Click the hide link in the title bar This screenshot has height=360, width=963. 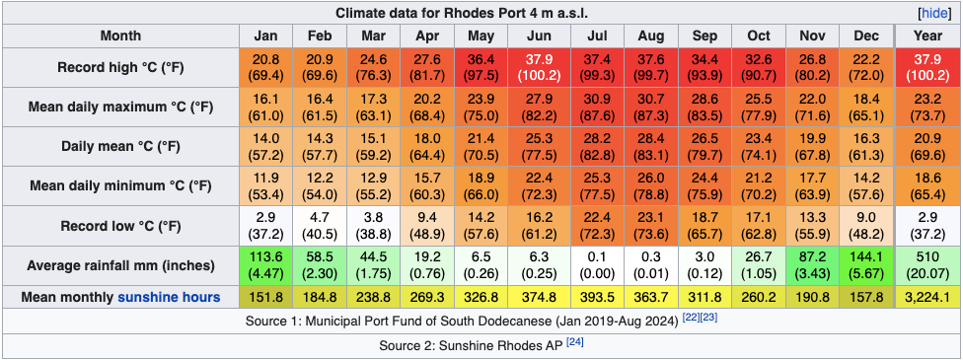[x=935, y=13]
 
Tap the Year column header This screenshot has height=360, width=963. [x=927, y=36]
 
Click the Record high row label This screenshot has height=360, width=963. [x=120, y=68]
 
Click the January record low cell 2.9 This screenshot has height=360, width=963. [x=266, y=227]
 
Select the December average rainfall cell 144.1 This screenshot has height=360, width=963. [x=867, y=266]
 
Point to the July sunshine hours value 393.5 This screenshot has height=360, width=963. [x=597, y=297]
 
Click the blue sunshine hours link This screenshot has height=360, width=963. [x=169, y=297]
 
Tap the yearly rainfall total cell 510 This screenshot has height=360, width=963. [x=927, y=266]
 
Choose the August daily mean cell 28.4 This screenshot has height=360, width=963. [x=650, y=147]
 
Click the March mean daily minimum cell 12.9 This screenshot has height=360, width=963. [x=373, y=186]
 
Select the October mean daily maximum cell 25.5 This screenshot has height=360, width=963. [x=759, y=107]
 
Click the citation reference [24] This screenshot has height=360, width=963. [x=574, y=341]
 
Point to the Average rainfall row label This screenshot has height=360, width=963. [x=120, y=266]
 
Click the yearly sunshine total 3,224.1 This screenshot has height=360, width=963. [x=927, y=297]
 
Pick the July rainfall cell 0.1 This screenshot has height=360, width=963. [x=597, y=266]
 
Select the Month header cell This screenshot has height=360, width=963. [x=120, y=36]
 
